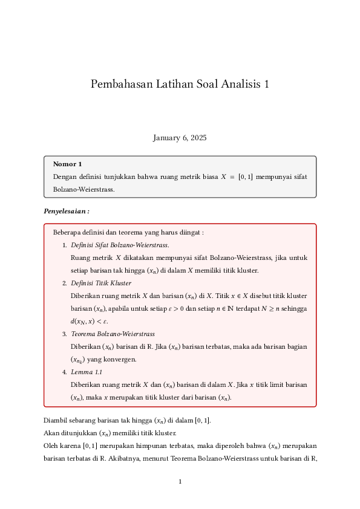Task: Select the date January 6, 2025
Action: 180,138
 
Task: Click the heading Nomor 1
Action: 67,164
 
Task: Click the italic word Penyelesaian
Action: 65,211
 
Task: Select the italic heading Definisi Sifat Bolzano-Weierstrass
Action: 120,245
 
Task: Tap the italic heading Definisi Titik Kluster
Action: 101,283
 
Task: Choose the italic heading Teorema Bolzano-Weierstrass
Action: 113,334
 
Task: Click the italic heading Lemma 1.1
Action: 86,372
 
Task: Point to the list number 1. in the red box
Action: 65,245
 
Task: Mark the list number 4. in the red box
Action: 65,372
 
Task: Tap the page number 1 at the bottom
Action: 180,482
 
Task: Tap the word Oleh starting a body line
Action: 51,446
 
